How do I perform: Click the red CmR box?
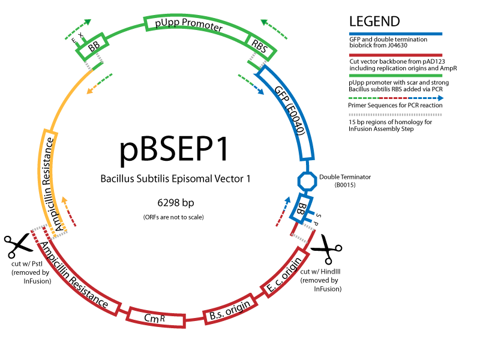[155, 318]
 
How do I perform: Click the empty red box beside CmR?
[230, 309]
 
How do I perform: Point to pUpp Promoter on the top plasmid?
[188, 25]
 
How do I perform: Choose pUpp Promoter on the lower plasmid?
[188, 196]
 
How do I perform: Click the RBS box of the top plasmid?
[260, 46]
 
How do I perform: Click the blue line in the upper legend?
[395, 34]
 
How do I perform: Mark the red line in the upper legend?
[395, 55]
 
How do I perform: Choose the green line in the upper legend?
[395, 76]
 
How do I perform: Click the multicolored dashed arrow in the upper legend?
[395, 98]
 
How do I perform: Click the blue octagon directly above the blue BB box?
[307, 181]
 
